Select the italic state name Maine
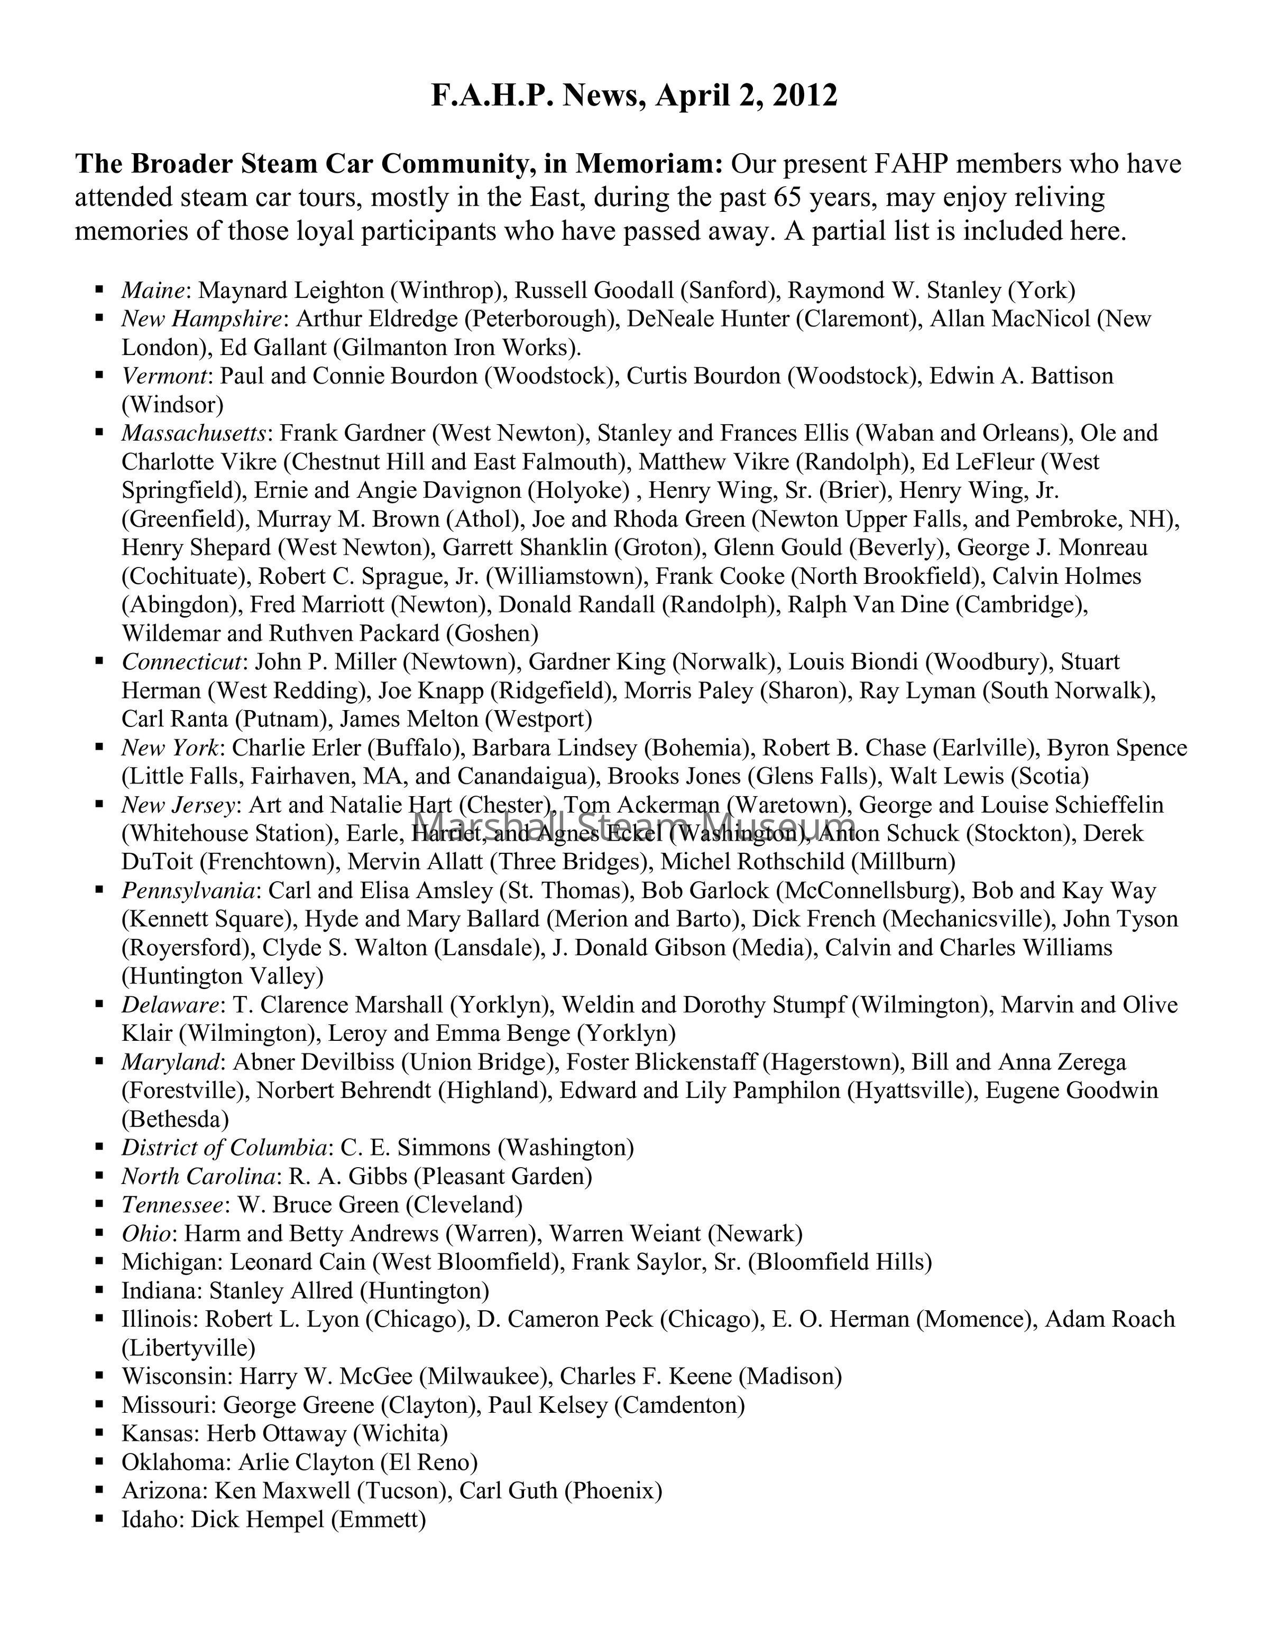153,290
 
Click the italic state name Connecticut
182,662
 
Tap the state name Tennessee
172,1205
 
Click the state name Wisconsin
178,1376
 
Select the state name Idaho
153,1519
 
